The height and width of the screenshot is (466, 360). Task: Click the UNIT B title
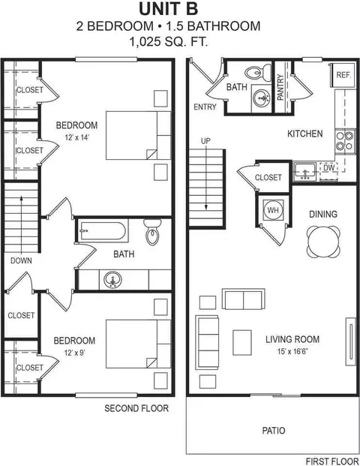179,10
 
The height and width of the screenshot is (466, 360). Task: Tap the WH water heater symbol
272,210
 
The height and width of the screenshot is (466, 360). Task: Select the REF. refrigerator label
343,75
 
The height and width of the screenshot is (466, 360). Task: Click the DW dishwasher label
328,168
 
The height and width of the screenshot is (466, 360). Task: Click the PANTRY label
280,87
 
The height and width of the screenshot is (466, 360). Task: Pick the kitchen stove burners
343,141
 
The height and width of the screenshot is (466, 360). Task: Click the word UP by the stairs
205,141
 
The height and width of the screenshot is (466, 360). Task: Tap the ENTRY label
205,107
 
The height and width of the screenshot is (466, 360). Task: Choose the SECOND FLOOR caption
136,408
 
